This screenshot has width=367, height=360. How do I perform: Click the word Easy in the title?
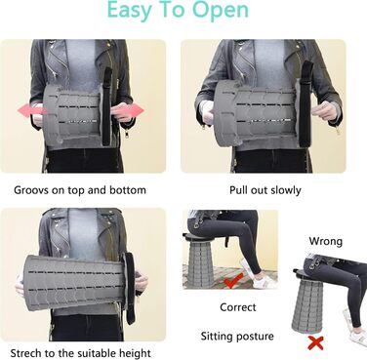click(130, 11)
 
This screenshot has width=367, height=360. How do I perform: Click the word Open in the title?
click(221, 11)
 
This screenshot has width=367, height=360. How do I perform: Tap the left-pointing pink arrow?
click(32, 109)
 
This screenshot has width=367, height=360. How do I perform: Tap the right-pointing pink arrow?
click(129, 110)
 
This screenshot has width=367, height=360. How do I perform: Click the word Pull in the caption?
click(238, 190)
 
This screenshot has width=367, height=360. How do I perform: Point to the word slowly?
click(285, 190)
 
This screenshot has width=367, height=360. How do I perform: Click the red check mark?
click(234, 281)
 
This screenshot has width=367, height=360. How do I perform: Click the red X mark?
click(315, 343)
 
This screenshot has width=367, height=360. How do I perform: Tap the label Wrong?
click(326, 241)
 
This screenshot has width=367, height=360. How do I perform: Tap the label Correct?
click(238, 307)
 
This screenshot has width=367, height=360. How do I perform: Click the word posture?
click(255, 337)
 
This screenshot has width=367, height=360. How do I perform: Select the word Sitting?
click(217, 337)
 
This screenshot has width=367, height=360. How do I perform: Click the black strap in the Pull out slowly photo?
click(306, 103)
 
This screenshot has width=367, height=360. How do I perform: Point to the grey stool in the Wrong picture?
click(307, 303)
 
